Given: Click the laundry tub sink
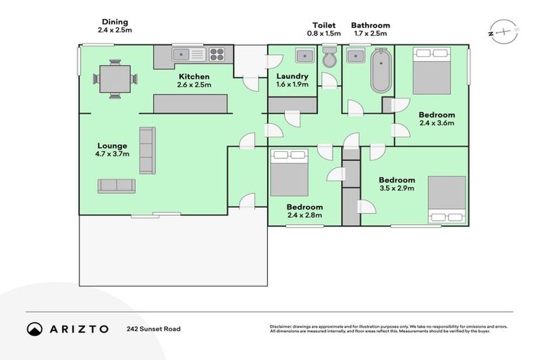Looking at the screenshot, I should coord(305,56).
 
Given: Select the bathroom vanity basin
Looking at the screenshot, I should coord(356,56).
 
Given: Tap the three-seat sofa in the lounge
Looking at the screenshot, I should coord(146,150).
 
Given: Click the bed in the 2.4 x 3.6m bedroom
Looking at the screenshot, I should coord(431,70).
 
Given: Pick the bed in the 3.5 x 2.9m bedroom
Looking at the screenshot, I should coord(446,200).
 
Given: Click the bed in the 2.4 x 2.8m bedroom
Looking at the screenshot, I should coord(289,172).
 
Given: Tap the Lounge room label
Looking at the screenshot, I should coord(112,146).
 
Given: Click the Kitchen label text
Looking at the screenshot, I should coord(194,77).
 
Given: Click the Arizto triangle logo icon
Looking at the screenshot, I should coord(34,328).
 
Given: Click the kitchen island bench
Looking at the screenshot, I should coord(191,104).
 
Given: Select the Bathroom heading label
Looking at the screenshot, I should coord(371,25).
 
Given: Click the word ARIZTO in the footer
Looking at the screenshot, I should coord(79,328).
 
